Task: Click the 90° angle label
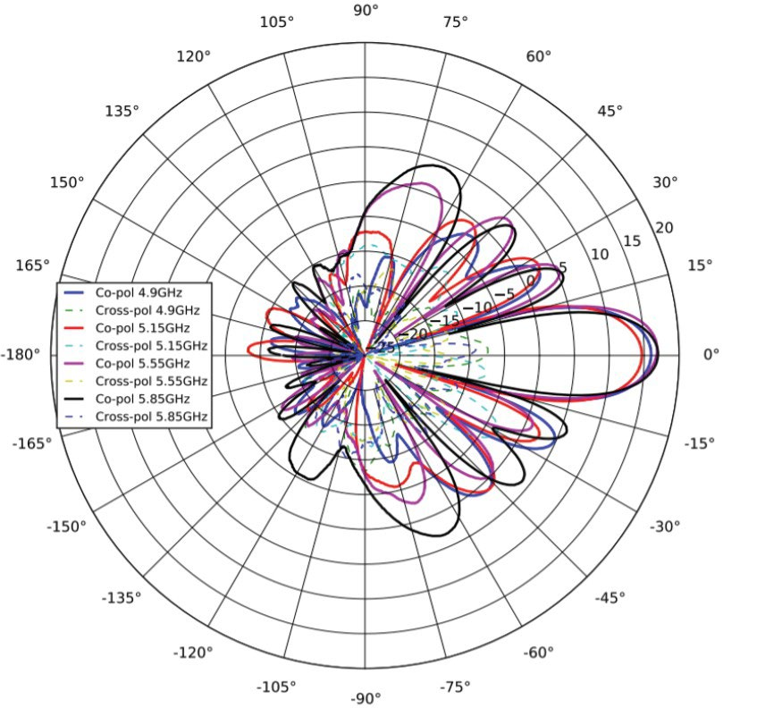pos(365,10)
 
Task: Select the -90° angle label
pos(365,698)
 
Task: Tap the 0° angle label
pos(710,354)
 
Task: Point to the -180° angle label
pos(19,354)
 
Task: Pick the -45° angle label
pos(610,597)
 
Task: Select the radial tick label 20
pos(664,228)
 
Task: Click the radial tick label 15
pos(632,240)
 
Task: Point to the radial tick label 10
pos(600,254)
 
